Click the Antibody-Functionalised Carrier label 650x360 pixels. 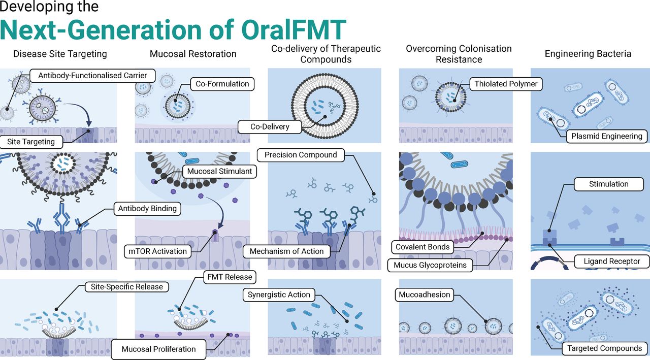[x=92, y=76]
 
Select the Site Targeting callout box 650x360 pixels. [x=31, y=142]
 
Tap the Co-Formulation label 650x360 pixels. [x=222, y=84]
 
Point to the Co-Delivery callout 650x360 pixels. [x=270, y=127]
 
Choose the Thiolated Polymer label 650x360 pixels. [x=506, y=84]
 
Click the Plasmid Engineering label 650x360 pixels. [x=606, y=137]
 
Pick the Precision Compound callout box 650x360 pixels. [x=301, y=155]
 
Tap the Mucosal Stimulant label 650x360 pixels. [x=219, y=172]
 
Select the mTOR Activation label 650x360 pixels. [x=157, y=251]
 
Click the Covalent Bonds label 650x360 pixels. [x=422, y=247]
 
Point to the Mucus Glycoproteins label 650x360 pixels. [x=430, y=265]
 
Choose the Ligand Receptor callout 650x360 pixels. [x=612, y=261]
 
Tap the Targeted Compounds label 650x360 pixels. [x=604, y=348]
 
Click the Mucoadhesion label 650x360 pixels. [x=424, y=294]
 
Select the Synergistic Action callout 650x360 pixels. [x=279, y=295]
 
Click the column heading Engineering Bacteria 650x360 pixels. [x=588, y=54]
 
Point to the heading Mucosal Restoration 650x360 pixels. [x=193, y=54]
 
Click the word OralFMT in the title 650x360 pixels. [x=294, y=30]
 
